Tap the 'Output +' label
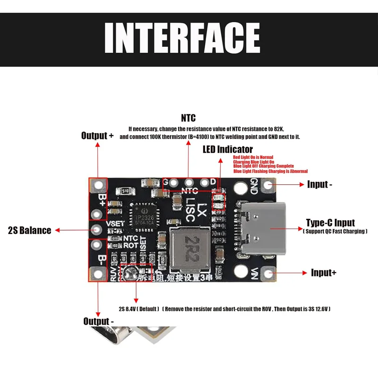click(x=97, y=136)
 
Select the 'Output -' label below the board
click(x=99, y=321)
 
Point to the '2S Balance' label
click(x=29, y=231)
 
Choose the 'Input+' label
click(x=324, y=273)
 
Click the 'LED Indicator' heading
click(x=228, y=149)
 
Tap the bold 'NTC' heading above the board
click(x=188, y=118)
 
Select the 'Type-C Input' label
click(x=330, y=223)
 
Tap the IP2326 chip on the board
click(x=146, y=215)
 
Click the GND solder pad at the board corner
click(x=269, y=184)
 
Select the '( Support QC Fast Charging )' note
click(x=335, y=231)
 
